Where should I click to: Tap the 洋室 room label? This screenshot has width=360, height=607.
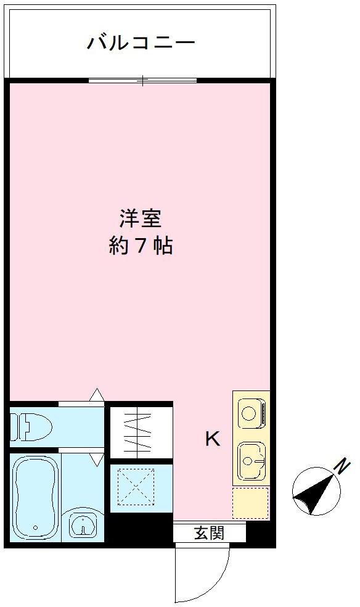coord(141,218)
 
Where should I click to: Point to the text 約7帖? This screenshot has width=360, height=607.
coord(141,246)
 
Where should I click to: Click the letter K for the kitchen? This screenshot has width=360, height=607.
coord(211,439)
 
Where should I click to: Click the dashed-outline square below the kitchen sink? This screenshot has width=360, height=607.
coord(250,503)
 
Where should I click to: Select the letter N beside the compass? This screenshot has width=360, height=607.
coord(342,466)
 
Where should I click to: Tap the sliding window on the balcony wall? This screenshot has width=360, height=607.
coord(142,80)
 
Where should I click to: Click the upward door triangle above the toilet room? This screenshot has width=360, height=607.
coord(96,394)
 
